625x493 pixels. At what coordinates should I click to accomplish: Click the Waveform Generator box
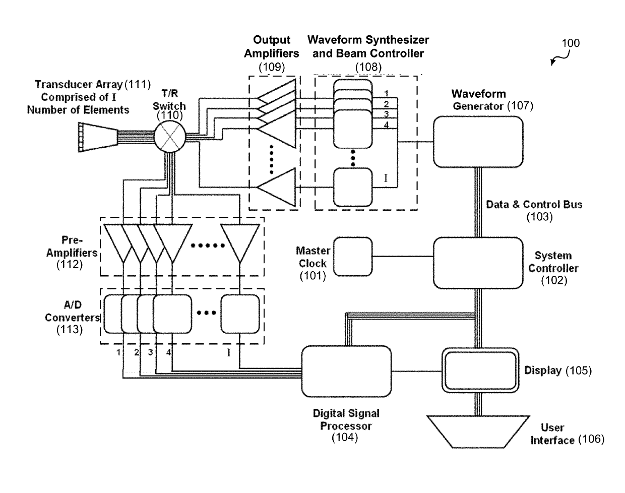pyautogui.click(x=478, y=142)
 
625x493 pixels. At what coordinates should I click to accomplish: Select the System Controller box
pyautogui.click(x=478, y=263)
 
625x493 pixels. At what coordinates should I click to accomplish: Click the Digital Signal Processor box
pyautogui.click(x=346, y=371)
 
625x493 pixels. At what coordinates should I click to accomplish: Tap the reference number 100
pyautogui.click(x=570, y=43)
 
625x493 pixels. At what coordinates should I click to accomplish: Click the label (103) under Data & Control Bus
pyautogui.click(x=539, y=217)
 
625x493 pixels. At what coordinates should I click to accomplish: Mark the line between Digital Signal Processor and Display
pyautogui.click(x=417, y=372)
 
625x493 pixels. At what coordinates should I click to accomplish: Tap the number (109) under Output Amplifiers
pyautogui.click(x=272, y=66)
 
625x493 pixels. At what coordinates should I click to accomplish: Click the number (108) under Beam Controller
pyautogui.click(x=368, y=66)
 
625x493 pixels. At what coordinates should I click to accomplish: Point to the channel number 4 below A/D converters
pyautogui.click(x=168, y=352)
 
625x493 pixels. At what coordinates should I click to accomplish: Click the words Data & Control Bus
pyautogui.click(x=534, y=205)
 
